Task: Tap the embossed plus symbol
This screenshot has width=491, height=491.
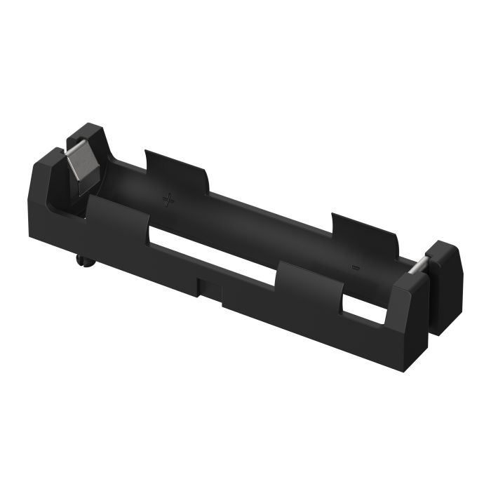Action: tap(168, 200)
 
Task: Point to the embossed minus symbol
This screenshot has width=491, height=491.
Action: tap(354, 267)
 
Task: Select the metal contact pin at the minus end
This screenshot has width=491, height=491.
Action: tap(418, 266)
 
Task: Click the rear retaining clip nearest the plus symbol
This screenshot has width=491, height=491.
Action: tap(175, 168)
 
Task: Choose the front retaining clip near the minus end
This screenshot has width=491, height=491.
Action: tap(309, 281)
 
